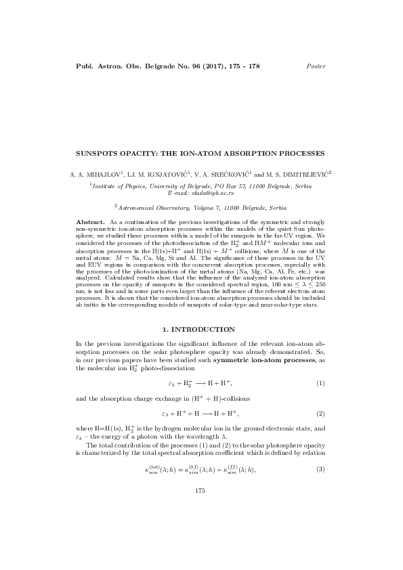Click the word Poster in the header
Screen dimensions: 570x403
316,66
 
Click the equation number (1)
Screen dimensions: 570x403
320,384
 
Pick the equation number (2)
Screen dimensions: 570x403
320,412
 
